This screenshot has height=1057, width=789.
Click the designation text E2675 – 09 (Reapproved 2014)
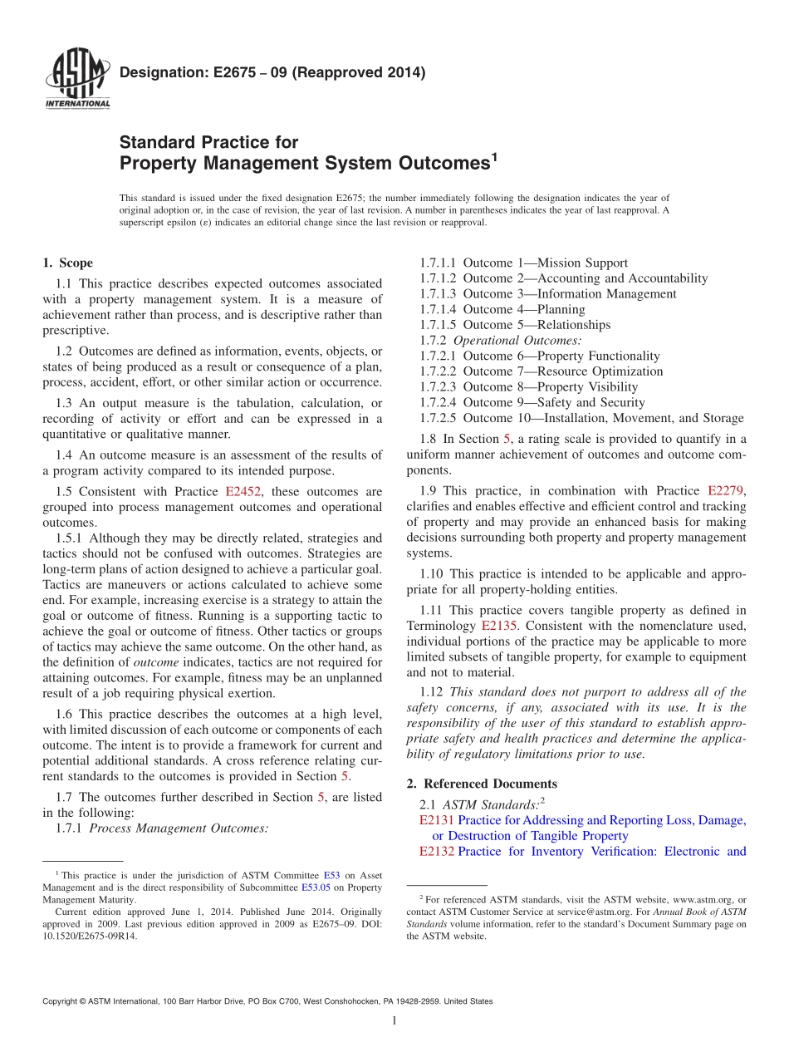pos(272,73)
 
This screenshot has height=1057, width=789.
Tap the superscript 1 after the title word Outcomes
pos(493,155)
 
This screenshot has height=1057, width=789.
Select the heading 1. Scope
pos(67,263)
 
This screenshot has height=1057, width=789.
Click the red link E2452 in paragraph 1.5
pos(243,492)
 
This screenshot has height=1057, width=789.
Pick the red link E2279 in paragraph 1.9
pos(726,491)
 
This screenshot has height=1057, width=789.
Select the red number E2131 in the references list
pos(437,820)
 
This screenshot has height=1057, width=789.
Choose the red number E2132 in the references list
pos(437,851)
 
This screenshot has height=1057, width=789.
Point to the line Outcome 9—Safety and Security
pos(554,403)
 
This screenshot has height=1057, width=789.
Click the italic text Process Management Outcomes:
pos(179,828)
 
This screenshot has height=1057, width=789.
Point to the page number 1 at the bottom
pos(394,1021)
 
